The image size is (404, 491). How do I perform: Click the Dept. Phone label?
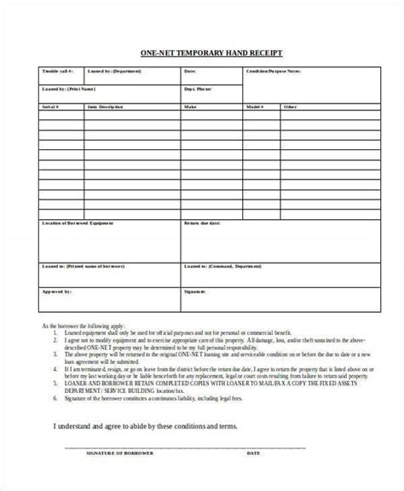pos(199,88)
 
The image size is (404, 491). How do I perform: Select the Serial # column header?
pos(50,107)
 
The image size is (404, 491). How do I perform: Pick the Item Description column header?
pos(106,107)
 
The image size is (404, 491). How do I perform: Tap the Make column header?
pos(192,107)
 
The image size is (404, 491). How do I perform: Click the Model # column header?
pos(254,107)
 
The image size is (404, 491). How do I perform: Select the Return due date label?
pos(204,223)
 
